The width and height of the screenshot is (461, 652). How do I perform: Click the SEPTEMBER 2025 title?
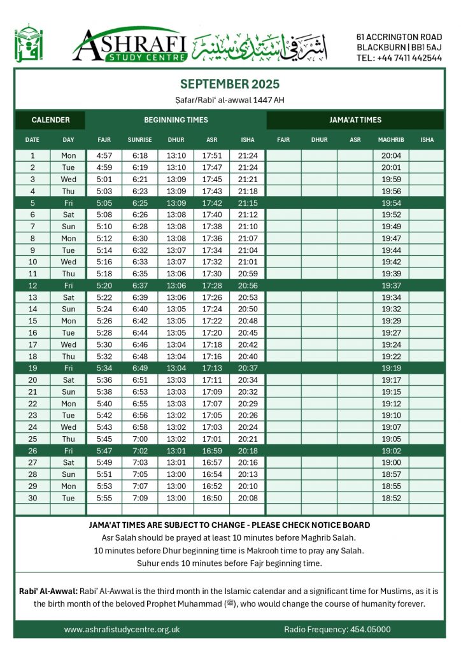230,84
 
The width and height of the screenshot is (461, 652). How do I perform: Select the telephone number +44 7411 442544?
399,58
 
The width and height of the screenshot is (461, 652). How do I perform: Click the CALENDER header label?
50,120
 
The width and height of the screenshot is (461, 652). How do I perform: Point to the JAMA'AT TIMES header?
355,120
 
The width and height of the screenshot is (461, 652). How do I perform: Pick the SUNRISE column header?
139,139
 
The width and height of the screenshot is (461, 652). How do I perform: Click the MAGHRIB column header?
390,139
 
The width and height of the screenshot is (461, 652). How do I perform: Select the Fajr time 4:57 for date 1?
104,155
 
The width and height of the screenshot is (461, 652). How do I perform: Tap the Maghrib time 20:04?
390,155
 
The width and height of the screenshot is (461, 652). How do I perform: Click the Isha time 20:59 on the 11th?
247,274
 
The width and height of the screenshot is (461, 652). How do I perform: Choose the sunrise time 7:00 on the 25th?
139,439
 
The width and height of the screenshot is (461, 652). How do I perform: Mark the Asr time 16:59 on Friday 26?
211,451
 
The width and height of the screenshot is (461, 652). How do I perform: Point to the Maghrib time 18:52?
390,499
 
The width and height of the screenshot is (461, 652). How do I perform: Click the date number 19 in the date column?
32,368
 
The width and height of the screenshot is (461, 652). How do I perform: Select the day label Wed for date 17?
68,344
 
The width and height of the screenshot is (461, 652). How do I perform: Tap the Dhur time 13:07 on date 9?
176,250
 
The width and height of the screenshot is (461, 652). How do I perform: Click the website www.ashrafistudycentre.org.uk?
122,630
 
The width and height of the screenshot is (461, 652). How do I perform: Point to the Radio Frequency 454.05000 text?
337,630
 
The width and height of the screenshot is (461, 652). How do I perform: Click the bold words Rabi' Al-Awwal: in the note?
49,591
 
